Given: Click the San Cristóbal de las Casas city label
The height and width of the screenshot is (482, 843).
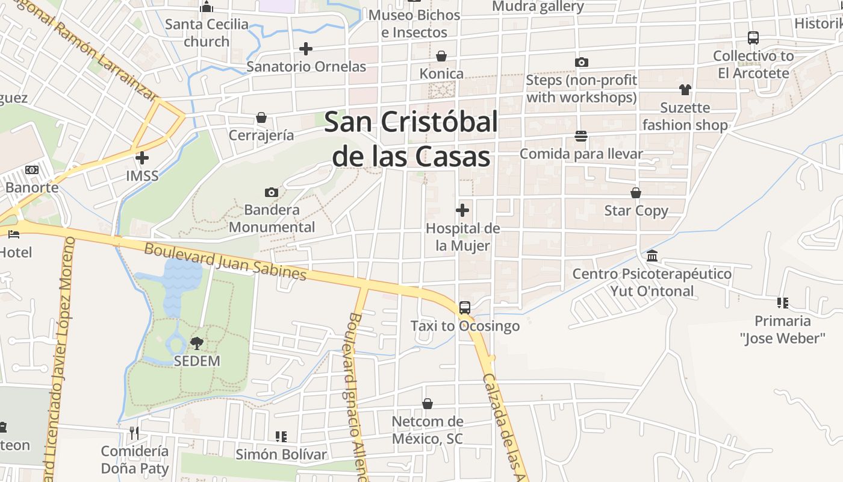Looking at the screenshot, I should [412, 139].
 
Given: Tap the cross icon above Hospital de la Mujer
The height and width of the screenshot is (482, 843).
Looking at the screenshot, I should [462, 210].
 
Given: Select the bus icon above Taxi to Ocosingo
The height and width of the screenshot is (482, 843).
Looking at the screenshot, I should [464, 307].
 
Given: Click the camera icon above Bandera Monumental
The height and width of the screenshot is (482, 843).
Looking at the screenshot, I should [272, 192].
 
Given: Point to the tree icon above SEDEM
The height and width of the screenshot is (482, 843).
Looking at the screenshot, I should [196, 343].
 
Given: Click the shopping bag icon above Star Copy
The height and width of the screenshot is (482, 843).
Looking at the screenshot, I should [636, 193].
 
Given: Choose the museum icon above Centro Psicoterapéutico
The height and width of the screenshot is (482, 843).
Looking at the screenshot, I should [652, 256].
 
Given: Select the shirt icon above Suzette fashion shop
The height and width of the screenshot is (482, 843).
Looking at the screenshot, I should [685, 90].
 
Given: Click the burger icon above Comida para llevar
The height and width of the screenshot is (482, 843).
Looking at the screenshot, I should [581, 136].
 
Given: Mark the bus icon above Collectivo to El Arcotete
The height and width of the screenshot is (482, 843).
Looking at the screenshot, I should [753, 38].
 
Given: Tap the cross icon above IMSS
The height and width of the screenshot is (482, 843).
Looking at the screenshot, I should [142, 158].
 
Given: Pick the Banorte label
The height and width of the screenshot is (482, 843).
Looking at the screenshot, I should [32, 187].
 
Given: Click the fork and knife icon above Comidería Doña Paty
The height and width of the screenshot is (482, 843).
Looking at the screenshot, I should [134, 433].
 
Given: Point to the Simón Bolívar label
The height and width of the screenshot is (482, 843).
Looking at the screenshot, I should [281, 454].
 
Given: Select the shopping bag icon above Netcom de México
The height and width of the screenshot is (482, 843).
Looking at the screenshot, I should [428, 404].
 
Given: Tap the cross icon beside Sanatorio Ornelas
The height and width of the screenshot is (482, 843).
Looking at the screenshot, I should [306, 48].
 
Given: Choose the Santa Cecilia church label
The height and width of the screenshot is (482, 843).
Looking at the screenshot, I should [207, 33].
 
